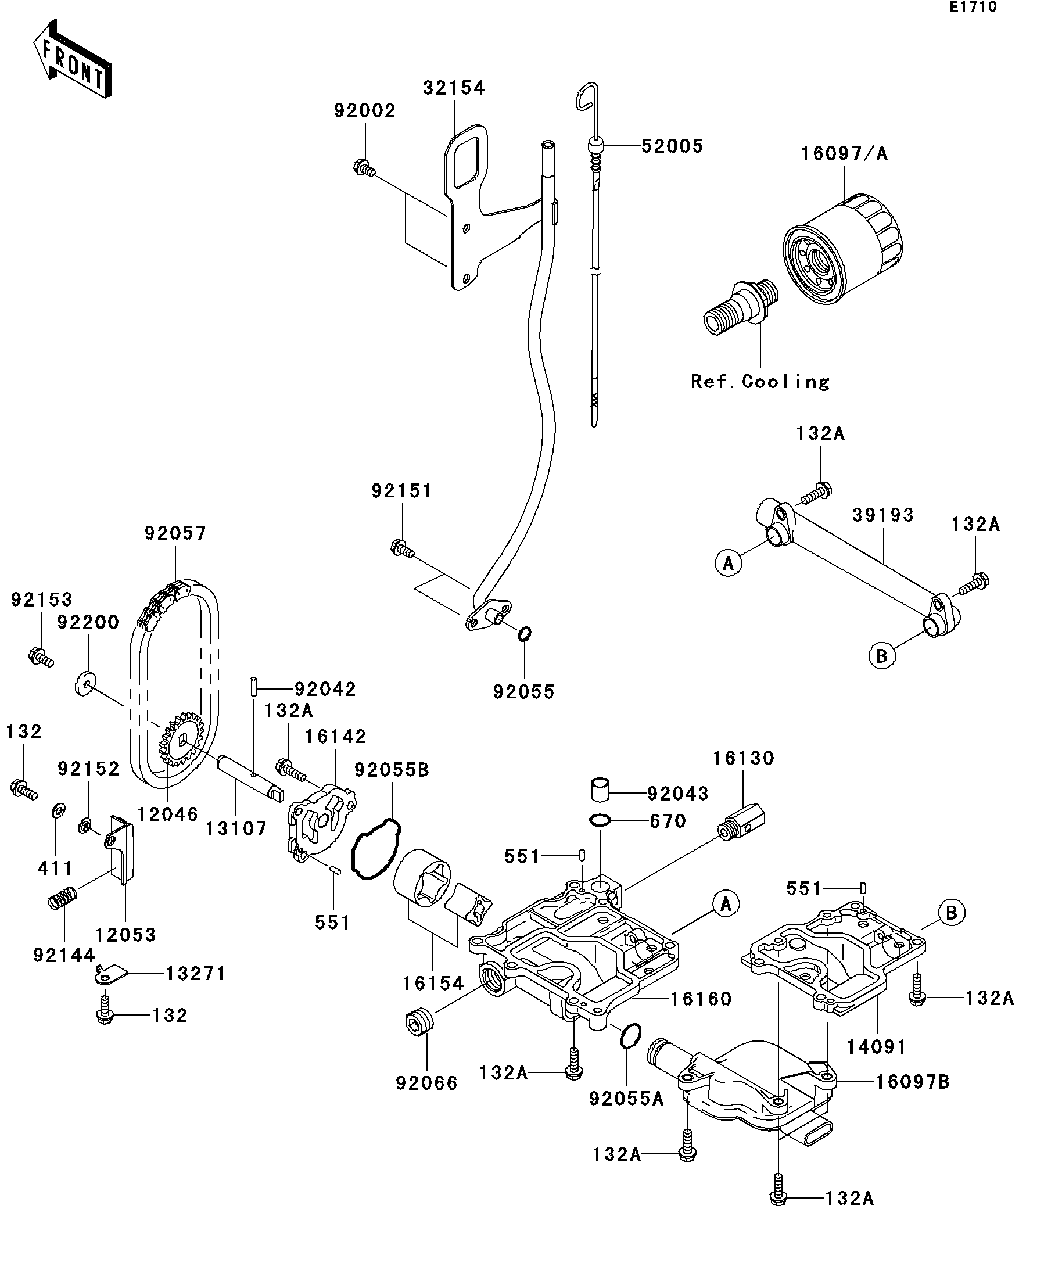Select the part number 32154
(454, 88)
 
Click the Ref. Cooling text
(760, 381)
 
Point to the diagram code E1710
(973, 8)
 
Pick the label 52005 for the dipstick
(672, 146)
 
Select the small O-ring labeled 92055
(524, 634)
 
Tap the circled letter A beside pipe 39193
(729, 562)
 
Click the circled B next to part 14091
(951, 930)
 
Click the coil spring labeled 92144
(62, 898)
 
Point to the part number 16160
(701, 999)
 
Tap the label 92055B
(392, 770)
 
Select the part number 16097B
(913, 1082)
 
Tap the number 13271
(195, 973)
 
